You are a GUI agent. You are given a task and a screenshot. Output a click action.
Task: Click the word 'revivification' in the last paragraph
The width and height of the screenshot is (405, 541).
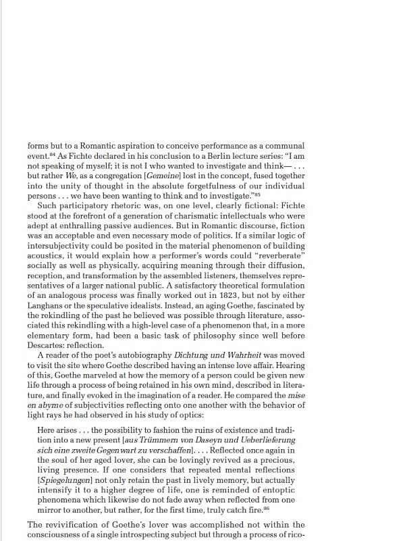pyautogui.click(x=75, y=525)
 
